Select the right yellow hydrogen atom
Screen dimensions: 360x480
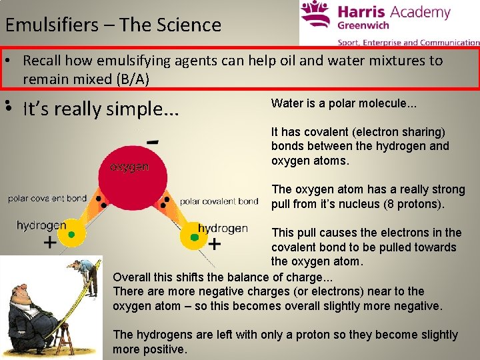pyautogui.click(x=194, y=237)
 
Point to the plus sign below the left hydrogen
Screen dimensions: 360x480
pyautogui.click(x=50, y=244)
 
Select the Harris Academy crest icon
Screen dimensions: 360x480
pyautogui.click(x=315, y=18)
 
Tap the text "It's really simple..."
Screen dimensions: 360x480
pyautogui.click(x=101, y=109)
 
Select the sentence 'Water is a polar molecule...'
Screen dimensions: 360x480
pyautogui.click(x=344, y=103)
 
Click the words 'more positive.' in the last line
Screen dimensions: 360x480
pyautogui.click(x=150, y=349)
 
